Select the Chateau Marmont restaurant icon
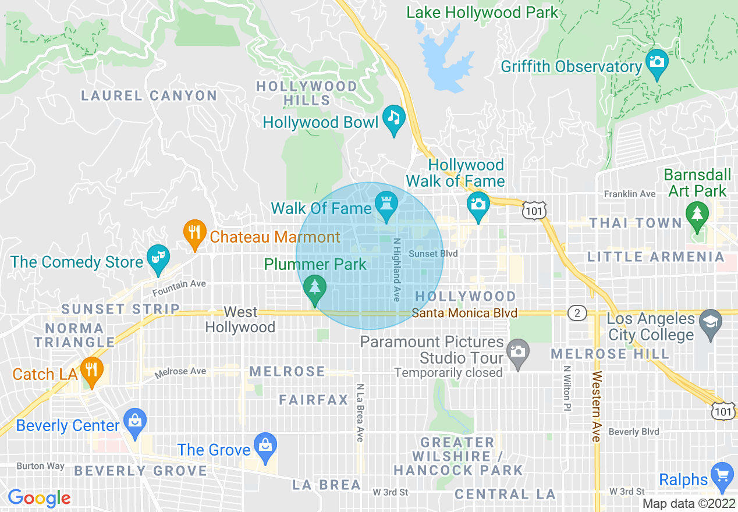pyautogui.click(x=194, y=233)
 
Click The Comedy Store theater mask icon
pyautogui.click(x=156, y=258)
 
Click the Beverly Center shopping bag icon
pyautogui.click(x=135, y=421)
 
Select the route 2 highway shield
pyautogui.click(x=577, y=314)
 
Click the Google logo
pyautogui.click(x=39, y=498)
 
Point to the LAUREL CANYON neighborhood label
pyautogui.click(x=149, y=96)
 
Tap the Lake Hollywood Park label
pyautogui.click(x=482, y=12)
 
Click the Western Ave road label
pyautogui.click(x=596, y=406)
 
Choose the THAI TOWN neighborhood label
pyautogui.click(x=635, y=223)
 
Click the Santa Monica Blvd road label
pyautogui.click(x=464, y=313)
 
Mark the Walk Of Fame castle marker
pyautogui.click(x=386, y=205)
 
